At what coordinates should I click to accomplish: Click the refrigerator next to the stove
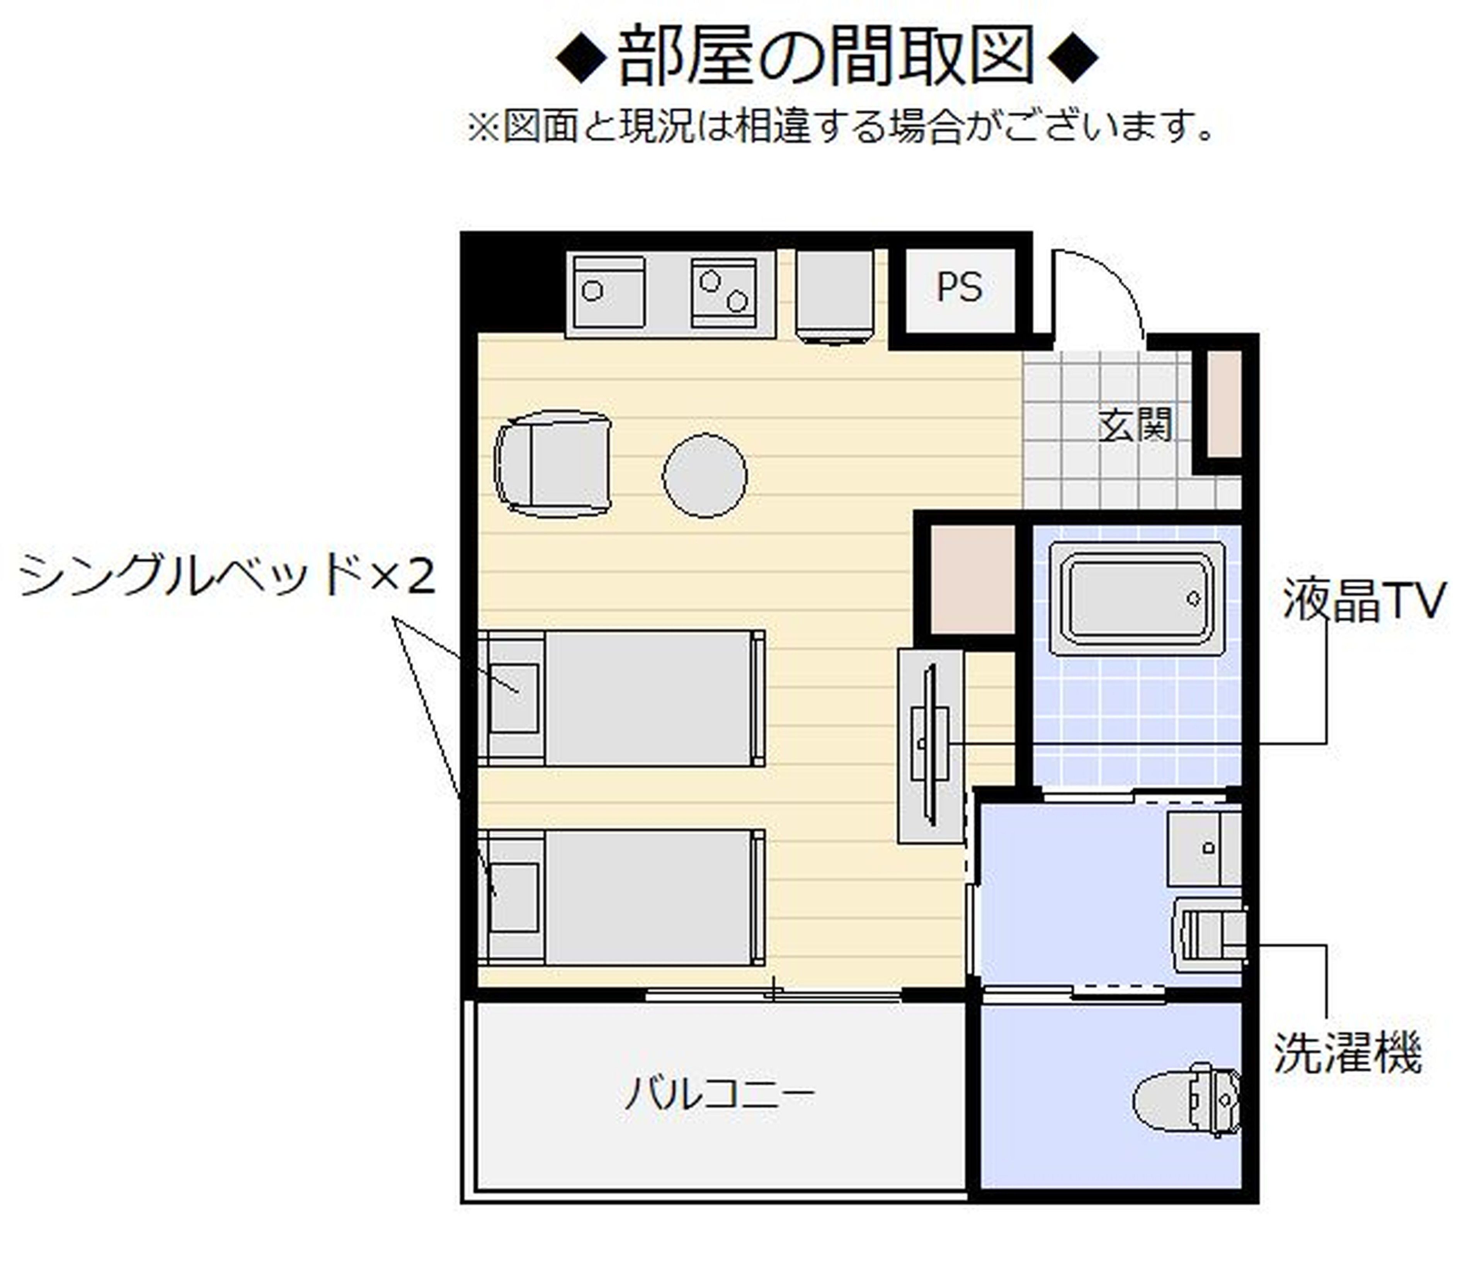834,295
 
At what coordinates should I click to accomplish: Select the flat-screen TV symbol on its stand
930,745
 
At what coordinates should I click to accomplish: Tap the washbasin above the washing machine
1205,849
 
